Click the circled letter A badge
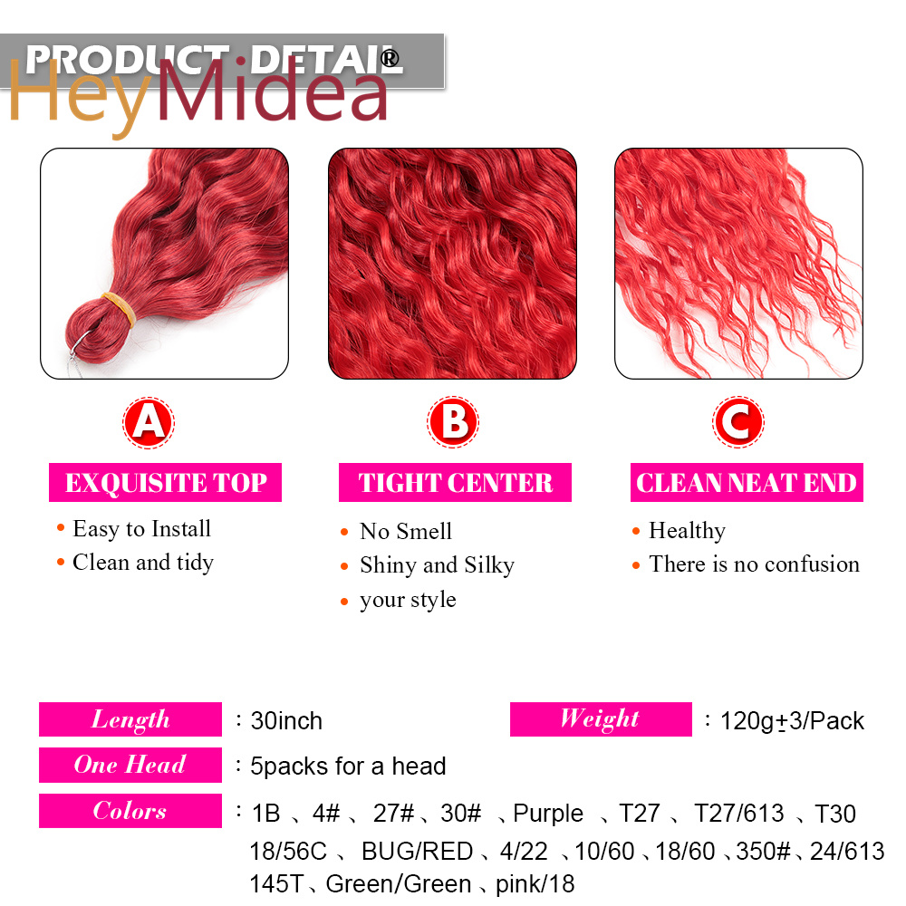tap(149, 422)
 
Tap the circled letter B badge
tap(453, 422)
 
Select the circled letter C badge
tap(737, 422)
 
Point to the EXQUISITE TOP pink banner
tap(165, 483)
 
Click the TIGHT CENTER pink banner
tap(455, 483)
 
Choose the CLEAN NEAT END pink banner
tap(747, 483)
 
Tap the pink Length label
tap(130, 719)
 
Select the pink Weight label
tap(601, 718)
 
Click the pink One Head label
tap(130, 765)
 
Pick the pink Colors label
tap(130, 811)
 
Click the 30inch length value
tap(286, 721)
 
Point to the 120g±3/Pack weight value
tap(792, 721)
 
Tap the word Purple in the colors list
tap(548, 814)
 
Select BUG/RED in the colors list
tap(417, 851)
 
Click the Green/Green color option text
tap(399, 884)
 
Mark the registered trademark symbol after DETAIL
tap(390, 58)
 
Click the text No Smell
tap(406, 531)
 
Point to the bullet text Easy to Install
tap(141, 529)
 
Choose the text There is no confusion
tap(754, 564)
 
